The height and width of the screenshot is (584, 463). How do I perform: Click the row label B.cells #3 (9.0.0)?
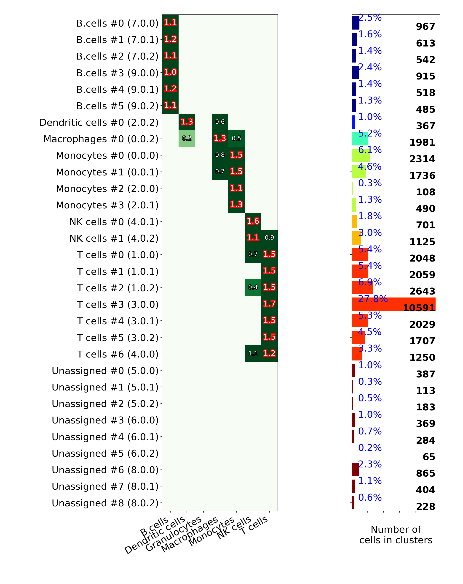117,73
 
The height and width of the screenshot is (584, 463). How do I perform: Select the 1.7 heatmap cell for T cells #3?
269,304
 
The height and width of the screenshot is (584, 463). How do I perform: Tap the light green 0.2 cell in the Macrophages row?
187,138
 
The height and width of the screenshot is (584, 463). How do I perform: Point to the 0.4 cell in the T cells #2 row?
253,287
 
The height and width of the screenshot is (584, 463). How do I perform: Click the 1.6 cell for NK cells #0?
253,221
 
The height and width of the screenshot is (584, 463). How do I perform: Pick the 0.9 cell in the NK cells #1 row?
269,237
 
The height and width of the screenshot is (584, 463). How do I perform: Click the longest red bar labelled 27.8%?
393,304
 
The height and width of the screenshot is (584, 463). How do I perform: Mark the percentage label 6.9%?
370,282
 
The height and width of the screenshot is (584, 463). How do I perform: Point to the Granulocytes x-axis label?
174,534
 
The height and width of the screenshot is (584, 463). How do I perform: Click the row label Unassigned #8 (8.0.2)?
105,503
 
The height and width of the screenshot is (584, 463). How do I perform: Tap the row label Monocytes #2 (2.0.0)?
107,188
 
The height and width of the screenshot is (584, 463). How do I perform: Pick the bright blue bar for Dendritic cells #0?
353,122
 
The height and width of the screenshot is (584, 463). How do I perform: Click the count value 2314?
422,159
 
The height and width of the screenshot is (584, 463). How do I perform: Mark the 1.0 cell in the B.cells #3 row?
170,72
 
